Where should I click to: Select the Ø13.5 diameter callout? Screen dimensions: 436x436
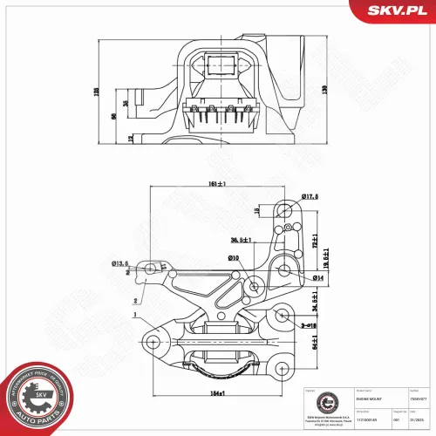120,262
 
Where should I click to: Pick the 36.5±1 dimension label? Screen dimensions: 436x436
241,240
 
